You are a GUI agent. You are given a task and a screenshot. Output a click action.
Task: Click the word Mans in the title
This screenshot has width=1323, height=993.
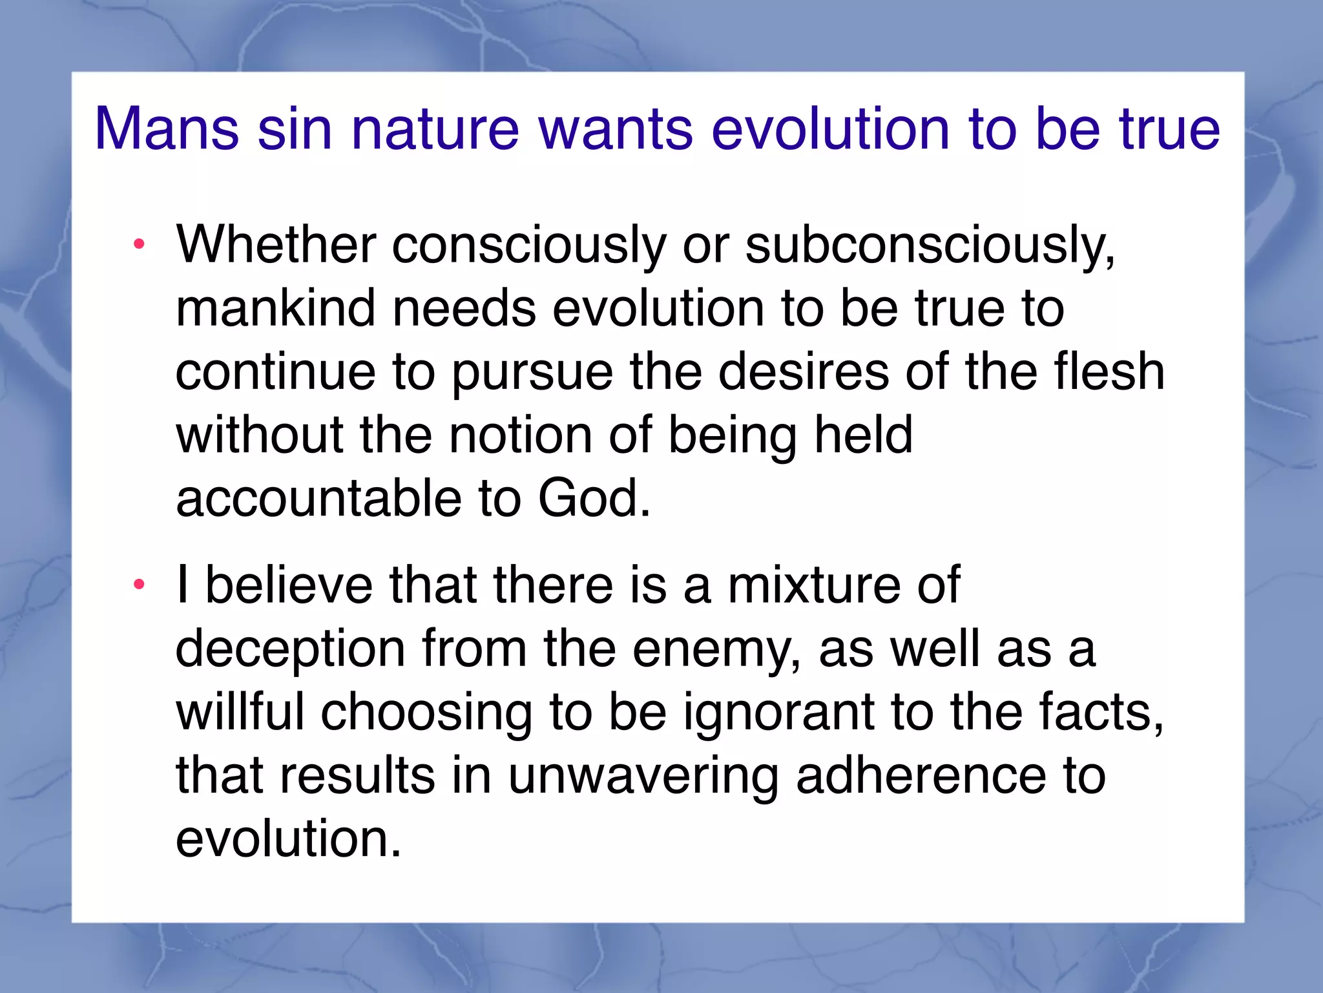click(x=167, y=129)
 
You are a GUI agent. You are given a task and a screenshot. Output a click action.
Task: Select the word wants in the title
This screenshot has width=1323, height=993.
click(x=616, y=129)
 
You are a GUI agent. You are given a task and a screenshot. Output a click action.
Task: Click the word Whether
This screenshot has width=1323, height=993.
click(x=276, y=245)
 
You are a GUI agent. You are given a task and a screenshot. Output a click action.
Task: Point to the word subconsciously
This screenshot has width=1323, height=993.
click(x=930, y=246)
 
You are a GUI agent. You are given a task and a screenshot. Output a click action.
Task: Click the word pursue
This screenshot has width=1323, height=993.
click(x=532, y=373)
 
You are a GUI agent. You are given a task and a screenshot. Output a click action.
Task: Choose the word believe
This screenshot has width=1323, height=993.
click(x=289, y=585)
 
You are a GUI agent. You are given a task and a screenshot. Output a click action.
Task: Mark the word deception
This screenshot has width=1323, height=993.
click(x=290, y=650)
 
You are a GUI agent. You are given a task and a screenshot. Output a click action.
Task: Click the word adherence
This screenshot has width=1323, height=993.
click(x=921, y=775)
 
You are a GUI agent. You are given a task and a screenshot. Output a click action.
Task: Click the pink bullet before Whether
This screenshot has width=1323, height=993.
click(x=138, y=244)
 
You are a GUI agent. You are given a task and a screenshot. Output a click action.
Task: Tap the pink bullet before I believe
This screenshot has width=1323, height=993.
click(x=138, y=585)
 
